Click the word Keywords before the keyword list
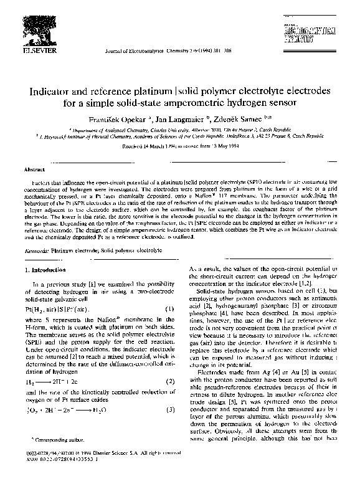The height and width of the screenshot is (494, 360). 36,249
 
